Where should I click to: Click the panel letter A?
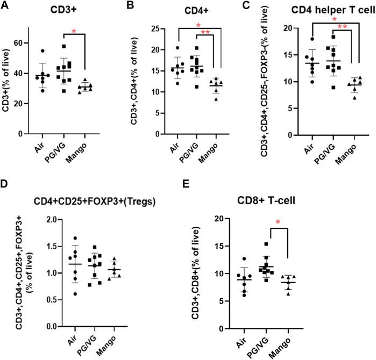(x=6, y=7)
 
